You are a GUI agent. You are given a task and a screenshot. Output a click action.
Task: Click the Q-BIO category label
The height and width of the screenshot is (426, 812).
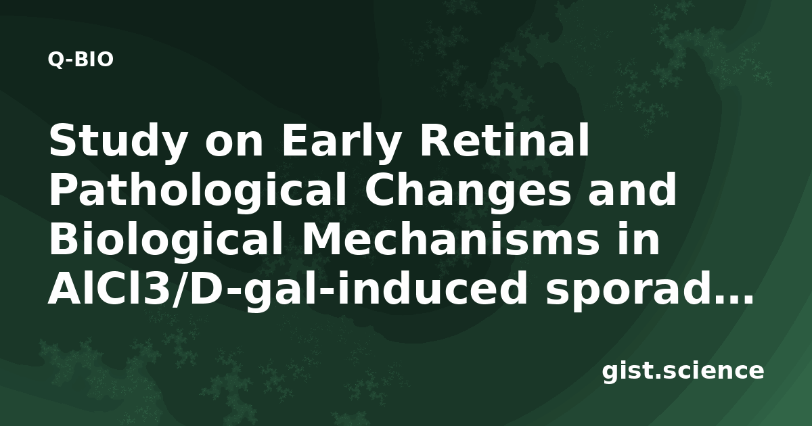tap(81, 60)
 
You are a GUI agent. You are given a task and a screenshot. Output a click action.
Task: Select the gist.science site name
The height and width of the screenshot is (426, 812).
tap(683, 371)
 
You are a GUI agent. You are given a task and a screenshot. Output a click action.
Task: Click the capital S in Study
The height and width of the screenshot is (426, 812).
tap(62, 140)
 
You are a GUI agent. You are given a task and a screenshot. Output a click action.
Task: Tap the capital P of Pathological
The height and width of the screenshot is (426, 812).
tap(63, 189)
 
